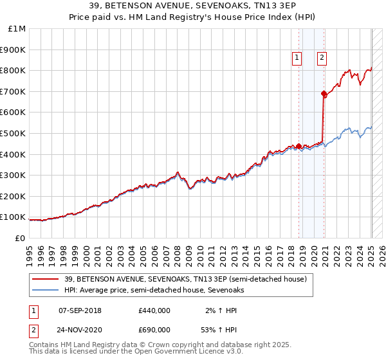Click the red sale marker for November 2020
pos(324,93)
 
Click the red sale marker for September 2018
pos(299,146)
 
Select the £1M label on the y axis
pos(17,28)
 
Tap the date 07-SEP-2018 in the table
pos(80,310)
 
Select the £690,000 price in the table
pos(154,332)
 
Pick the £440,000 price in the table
pos(154,310)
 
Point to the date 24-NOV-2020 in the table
pos(80,332)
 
